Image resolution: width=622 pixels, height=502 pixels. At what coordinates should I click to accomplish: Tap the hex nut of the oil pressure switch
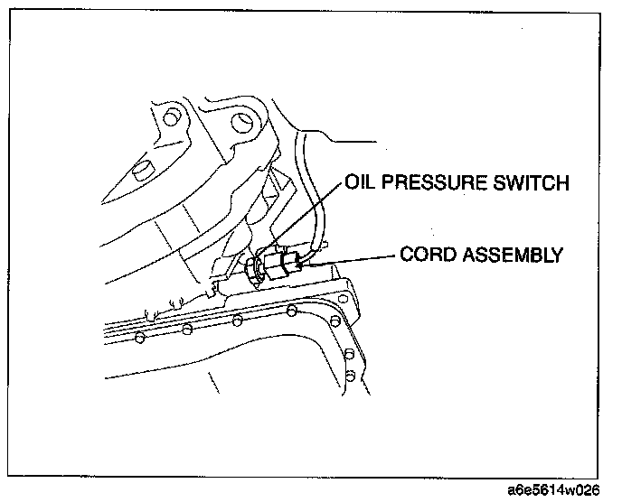(x=256, y=267)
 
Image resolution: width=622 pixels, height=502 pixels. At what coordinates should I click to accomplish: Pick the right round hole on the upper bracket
(x=240, y=119)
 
